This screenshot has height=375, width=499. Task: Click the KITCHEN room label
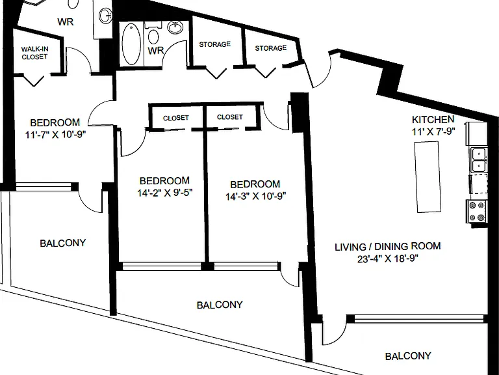[x=433, y=120]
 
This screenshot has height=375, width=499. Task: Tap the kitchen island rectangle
[x=428, y=176]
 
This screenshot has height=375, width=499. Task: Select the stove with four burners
[x=477, y=211]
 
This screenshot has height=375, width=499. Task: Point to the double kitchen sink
[x=479, y=160]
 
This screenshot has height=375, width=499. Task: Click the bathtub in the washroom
[x=131, y=44]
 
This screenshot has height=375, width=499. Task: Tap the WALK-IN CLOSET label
[x=34, y=53]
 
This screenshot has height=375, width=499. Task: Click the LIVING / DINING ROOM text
[x=388, y=247]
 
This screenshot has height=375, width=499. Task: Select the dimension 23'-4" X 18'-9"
[x=388, y=258]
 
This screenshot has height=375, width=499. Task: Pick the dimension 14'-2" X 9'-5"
[x=165, y=193]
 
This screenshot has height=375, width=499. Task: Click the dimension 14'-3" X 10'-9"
[x=256, y=197]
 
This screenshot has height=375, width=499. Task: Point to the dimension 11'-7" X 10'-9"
[x=56, y=135]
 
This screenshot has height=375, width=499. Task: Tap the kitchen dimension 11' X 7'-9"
[x=434, y=132]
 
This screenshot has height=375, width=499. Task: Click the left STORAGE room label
[x=215, y=44]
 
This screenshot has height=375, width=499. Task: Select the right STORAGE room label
[x=271, y=48]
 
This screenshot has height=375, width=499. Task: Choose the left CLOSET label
[x=176, y=118]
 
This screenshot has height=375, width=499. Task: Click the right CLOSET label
[x=230, y=117]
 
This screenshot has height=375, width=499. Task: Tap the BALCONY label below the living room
[x=408, y=356]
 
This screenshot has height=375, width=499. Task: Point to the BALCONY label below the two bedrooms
[x=220, y=305]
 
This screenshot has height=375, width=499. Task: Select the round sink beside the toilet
[x=175, y=27]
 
